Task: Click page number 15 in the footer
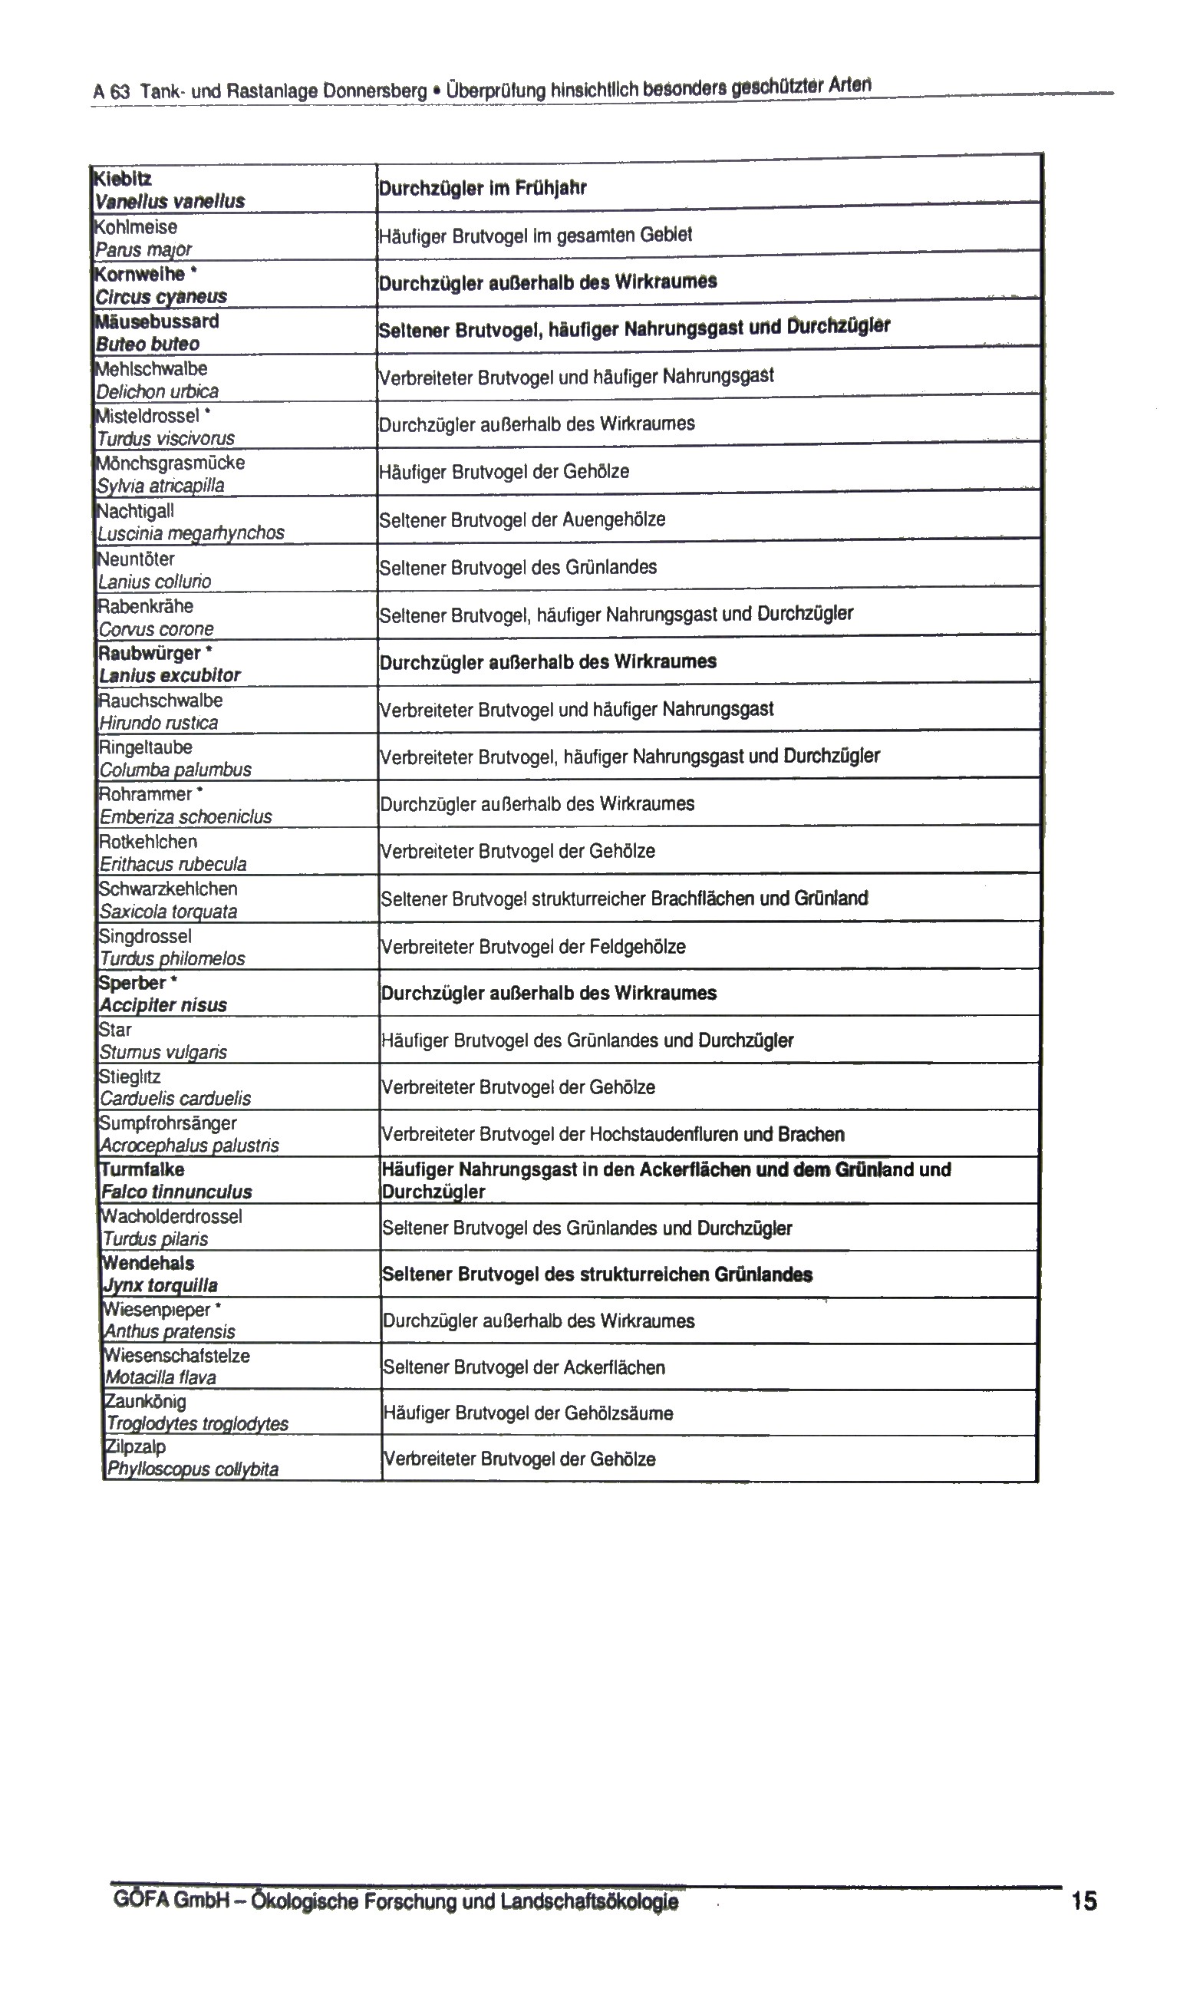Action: click(1083, 1901)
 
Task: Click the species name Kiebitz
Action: click(124, 178)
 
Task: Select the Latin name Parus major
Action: click(143, 249)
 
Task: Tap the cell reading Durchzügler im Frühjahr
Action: click(483, 188)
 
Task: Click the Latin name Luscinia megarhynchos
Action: click(190, 532)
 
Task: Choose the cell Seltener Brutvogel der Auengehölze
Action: click(522, 519)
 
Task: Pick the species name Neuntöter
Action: click(137, 559)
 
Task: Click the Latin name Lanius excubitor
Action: click(170, 675)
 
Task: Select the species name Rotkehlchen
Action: click(147, 842)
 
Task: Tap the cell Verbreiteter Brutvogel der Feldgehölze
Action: click(533, 946)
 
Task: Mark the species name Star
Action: click(115, 1030)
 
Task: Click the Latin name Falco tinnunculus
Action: click(176, 1192)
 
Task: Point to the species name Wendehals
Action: click(148, 1263)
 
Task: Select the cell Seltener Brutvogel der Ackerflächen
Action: click(524, 1367)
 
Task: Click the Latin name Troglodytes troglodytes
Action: click(197, 1423)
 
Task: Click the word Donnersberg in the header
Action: click(374, 90)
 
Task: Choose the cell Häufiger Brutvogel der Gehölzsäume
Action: click(528, 1413)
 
